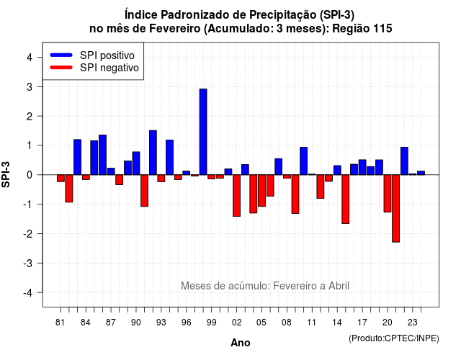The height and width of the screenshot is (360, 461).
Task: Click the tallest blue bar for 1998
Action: pyautogui.click(x=203, y=132)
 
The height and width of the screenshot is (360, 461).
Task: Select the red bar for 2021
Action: pyautogui.click(x=395, y=208)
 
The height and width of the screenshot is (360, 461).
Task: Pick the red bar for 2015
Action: pyautogui.click(x=346, y=199)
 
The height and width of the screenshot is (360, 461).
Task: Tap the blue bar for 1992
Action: pyautogui.click(x=153, y=153)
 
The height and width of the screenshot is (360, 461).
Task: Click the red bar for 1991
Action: pyautogui.click(x=144, y=191)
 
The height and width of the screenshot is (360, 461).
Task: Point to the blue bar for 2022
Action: pyautogui.click(x=404, y=161)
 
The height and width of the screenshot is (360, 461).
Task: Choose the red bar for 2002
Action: pyautogui.click(x=237, y=196)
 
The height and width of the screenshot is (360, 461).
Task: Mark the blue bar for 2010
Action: pyautogui.click(x=304, y=161)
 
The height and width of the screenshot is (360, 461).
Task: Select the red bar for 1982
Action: pyautogui.click(x=69, y=189)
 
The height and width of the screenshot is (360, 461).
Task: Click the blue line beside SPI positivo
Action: pyautogui.click(x=61, y=55)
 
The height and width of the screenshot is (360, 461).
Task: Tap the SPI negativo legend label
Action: pyautogui.click(x=109, y=68)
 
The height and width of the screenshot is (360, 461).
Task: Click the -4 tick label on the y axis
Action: pyautogui.click(x=28, y=293)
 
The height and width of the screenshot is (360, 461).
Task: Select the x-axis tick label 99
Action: pyautogui.click(x=211, y=323)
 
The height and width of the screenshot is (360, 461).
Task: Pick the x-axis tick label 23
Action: pyautogui.click(x=413, y=323)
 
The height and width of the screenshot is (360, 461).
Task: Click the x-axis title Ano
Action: pyautogui.click(x=241, y=343)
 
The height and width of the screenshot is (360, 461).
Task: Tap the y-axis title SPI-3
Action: pyautogui.click(x=6, y=174)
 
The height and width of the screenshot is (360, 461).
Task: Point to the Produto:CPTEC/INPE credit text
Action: pyautogui.click(x=394, y=338)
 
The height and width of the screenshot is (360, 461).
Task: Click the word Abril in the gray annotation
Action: pyautogui.click(x=339, y=286)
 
